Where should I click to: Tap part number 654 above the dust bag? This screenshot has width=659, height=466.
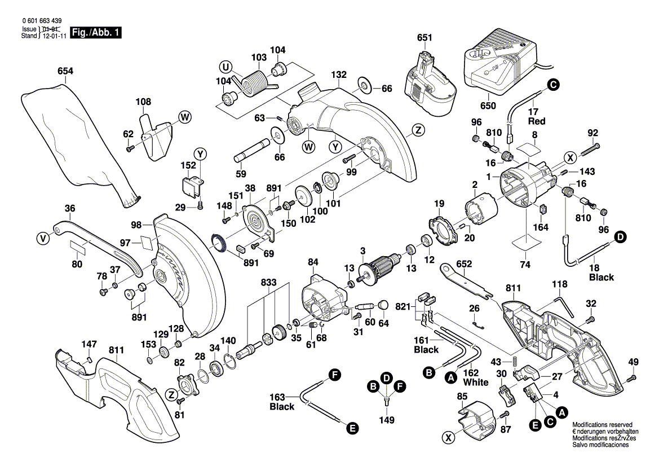(65, 71)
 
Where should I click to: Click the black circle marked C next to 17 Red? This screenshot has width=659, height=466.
(553, 85)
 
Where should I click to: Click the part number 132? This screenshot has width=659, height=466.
(338, 74)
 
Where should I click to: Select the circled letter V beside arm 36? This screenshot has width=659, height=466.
(42, 239)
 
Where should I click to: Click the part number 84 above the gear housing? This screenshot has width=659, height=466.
(313, 262)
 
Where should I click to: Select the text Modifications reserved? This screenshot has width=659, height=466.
(602, 424)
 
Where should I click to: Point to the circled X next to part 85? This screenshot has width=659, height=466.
(449, 437)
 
